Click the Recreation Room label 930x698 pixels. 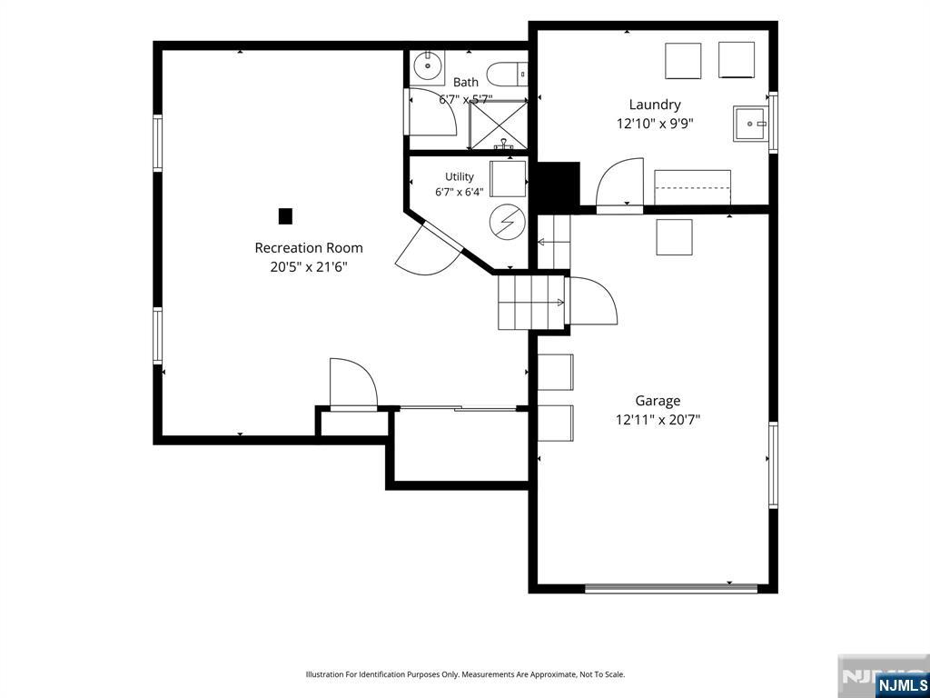309,247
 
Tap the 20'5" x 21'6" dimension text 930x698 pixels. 309,267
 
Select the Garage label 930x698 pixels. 658,401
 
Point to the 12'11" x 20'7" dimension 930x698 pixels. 658,420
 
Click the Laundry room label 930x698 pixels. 655,105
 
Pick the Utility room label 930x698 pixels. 460,177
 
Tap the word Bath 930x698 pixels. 466,82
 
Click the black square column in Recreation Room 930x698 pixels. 285,216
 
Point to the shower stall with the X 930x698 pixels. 499,125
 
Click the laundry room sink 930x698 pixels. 751,124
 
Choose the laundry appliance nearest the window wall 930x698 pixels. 737,60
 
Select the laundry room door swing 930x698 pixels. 619,183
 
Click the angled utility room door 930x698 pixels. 429,248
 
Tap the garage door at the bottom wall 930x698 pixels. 671,588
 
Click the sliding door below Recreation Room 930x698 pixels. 458,408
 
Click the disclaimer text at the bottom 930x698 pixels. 465,675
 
